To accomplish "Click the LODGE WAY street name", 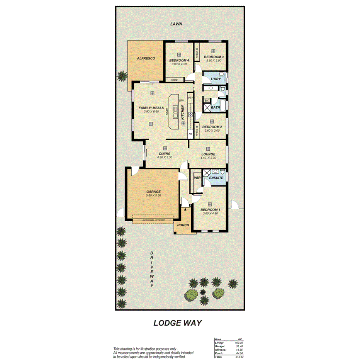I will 178,323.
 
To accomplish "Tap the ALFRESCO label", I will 146,58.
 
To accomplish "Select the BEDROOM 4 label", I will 179,60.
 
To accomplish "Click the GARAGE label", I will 153,192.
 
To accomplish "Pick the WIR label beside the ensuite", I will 197,178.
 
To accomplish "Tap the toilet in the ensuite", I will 222,172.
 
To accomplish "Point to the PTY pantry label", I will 190,98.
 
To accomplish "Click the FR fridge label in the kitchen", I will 190,134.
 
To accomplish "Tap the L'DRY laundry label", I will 216,79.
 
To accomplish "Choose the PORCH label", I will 183,225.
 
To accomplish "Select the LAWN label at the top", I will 176,24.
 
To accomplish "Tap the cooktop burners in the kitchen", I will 190,115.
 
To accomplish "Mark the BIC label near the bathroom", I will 207,100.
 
